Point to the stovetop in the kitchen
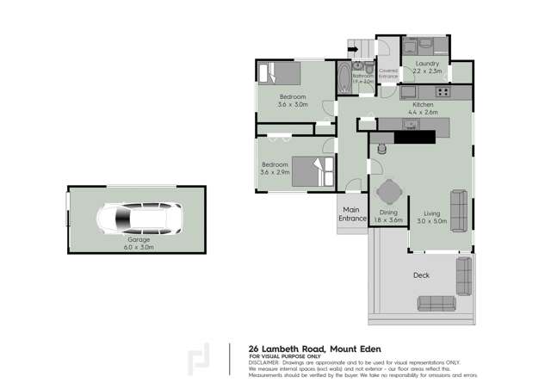tap(443, 91)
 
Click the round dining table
tap(390, 189)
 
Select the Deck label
tap(421, 275)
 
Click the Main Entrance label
tap(351, 214)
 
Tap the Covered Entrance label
tap(388, 74)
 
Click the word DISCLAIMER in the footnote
tap(268, 361)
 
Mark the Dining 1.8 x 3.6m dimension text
tap(390, 216)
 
